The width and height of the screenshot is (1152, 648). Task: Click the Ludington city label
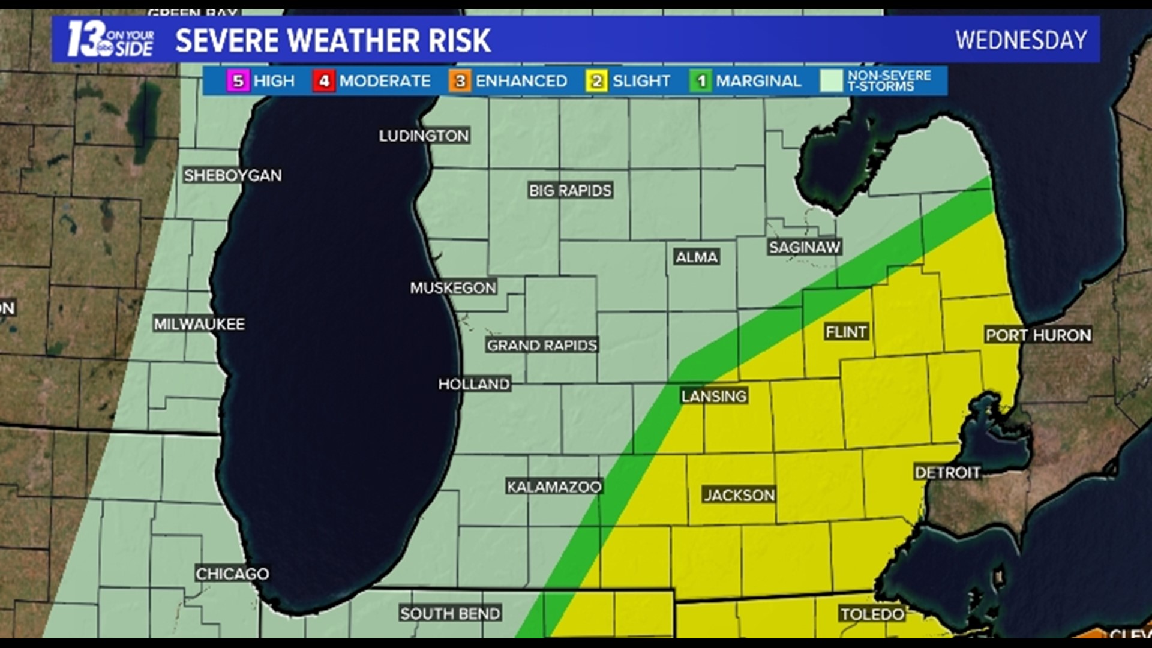click(424, 136)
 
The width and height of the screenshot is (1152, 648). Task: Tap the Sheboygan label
click(233, 175)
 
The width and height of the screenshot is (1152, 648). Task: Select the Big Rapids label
click(570, 191)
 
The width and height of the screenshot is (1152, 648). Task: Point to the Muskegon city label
click(453, 288)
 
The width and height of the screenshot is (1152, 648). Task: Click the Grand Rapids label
click(542, 345)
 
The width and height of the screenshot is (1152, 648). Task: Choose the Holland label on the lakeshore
click(474, 384)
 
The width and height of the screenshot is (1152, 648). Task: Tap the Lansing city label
click(714, 396)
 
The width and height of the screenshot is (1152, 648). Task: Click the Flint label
click(846, 332)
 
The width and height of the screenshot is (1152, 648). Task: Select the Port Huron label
click(1039, 335)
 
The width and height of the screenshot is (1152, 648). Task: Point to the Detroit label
click(947, 473)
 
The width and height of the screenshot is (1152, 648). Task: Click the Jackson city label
click(739, 495)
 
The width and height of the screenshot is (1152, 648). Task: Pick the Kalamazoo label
click(554, 487)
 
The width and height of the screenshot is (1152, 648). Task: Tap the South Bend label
click(450, 614)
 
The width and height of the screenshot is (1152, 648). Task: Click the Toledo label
click(872, 614)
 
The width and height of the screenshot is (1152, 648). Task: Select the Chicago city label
click(232, 574)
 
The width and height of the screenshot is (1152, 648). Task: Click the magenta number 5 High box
click(238, 81)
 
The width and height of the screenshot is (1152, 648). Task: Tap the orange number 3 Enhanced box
click(460, 81)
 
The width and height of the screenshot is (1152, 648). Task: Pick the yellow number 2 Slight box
click(597, 81)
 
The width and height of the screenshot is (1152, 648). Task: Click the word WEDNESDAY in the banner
click(1021, 40)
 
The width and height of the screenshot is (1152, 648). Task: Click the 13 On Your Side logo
click(110, 40)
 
